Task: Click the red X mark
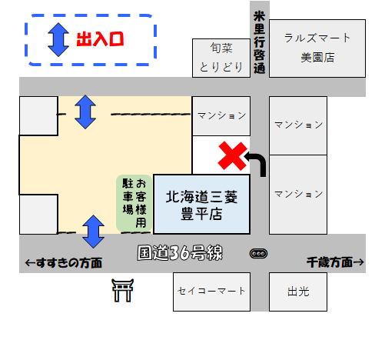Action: (x=233, y=156)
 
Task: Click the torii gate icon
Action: (x=123, y=290)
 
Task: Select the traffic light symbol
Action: (x=258, y=254)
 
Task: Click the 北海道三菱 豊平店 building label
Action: (x=201, y=205)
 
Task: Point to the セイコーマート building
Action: (x=211, y=292)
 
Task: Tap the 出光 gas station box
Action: (x=298, y=292)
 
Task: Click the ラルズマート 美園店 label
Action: (x=317, y=48)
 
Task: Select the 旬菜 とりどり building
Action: (x=221, y=58)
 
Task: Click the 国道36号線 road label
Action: (x=180, y=253)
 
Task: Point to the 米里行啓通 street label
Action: (x=259, y=42)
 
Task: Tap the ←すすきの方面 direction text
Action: (x=64, y=263)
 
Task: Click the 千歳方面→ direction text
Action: (x=335, y=262)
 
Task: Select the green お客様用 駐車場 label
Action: (x=134, y=203)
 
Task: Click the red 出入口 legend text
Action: (x=100, y=39)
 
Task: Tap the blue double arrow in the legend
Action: (x=58, y=40)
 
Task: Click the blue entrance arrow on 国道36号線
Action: (x=93, y=232)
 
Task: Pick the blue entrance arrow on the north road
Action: (x=85, y=112)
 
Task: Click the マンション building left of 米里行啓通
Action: (x=221, y=116)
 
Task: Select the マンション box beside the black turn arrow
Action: (x=298, y=195)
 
